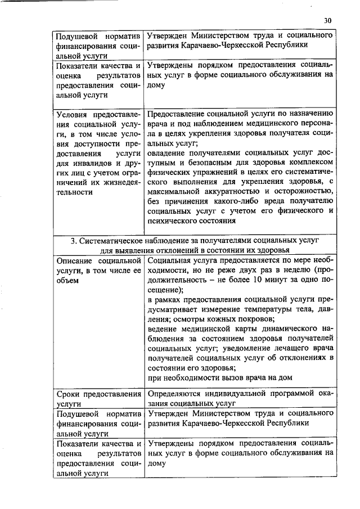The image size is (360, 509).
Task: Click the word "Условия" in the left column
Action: [x=73, y=115]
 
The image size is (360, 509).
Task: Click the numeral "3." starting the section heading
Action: [x=73, y=240]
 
